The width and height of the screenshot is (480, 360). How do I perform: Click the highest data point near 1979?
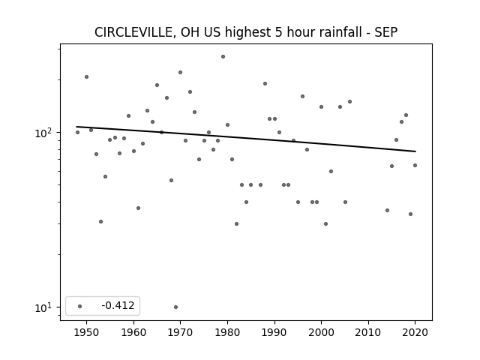click(223, 57)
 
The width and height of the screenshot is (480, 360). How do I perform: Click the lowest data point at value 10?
click(175, 307)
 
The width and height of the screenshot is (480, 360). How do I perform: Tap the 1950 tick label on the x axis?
click(87, 332)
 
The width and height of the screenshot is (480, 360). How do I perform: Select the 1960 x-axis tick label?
click(133, 332)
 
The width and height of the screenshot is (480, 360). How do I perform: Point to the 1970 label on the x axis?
click(180, 332)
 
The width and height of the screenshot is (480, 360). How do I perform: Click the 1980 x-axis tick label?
click(227, 332)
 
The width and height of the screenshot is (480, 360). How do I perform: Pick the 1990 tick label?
click(274, 332)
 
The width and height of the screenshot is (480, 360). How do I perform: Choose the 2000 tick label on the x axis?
click(321, 332)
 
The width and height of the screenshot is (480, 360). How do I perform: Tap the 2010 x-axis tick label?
click(368, 332)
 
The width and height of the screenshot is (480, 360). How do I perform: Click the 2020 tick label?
click(415, 332)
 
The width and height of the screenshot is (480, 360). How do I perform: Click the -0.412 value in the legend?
click(118, 305)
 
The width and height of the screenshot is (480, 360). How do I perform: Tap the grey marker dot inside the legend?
click(80, 306)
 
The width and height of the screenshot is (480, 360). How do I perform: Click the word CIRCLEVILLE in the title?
click(133, 32)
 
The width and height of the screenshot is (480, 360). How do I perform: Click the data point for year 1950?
click(87, 76)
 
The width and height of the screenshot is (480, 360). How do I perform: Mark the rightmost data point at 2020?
click(415, 165)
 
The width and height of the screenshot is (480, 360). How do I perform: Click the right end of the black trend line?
click(415, 151)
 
